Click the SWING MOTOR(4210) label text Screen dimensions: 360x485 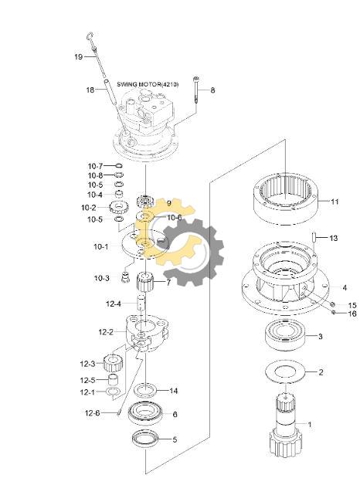148,84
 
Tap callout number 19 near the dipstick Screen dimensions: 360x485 78,57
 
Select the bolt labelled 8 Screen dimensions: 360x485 196,90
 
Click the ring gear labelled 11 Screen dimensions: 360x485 286,198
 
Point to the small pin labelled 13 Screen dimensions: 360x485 314,237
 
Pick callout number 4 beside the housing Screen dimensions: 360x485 345,287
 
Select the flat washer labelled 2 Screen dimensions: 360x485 286,372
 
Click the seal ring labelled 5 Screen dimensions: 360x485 145,439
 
